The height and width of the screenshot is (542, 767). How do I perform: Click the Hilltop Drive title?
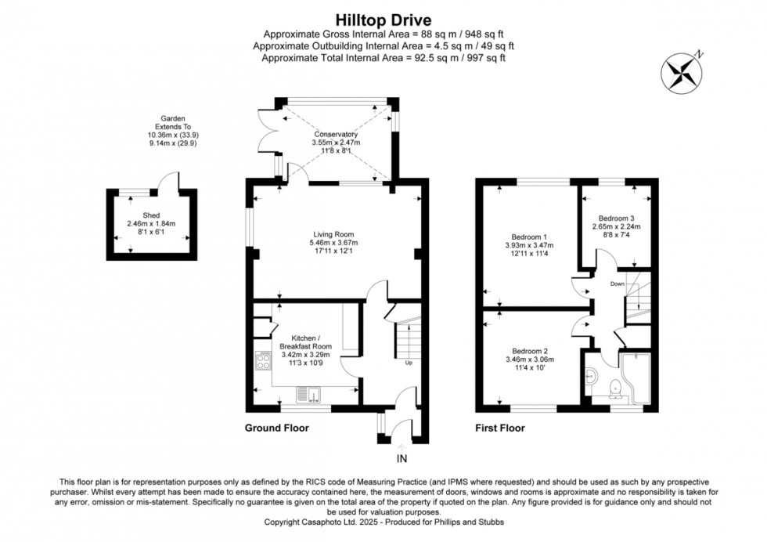coord(383,20)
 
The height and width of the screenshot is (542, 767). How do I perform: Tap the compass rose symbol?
coord(682,74)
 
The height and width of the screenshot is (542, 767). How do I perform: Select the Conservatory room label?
coord(336,134)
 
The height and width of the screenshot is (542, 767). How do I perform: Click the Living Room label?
coord(333,234)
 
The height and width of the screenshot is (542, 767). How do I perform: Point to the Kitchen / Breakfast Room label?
coord(306,342)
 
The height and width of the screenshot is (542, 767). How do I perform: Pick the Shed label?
coord(151,215)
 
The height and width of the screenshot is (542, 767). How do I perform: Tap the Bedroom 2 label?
coord(530,351)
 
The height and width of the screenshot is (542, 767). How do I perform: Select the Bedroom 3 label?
coord(617,219)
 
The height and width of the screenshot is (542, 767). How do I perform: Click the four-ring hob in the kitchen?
coord(263,362)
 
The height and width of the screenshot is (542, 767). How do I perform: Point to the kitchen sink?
coord(308,394)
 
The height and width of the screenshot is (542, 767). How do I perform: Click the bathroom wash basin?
coord(591,377)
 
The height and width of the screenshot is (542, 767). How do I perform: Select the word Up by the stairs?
coord(409,363)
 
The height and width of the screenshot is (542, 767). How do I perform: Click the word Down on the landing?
coord(618,284)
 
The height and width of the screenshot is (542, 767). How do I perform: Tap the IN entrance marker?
coord(402,459)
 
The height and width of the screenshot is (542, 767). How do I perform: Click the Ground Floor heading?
coord(277,428)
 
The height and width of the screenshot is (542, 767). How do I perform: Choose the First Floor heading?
coord(500,428)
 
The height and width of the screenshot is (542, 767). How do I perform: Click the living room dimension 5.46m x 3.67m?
coord(333,243)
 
